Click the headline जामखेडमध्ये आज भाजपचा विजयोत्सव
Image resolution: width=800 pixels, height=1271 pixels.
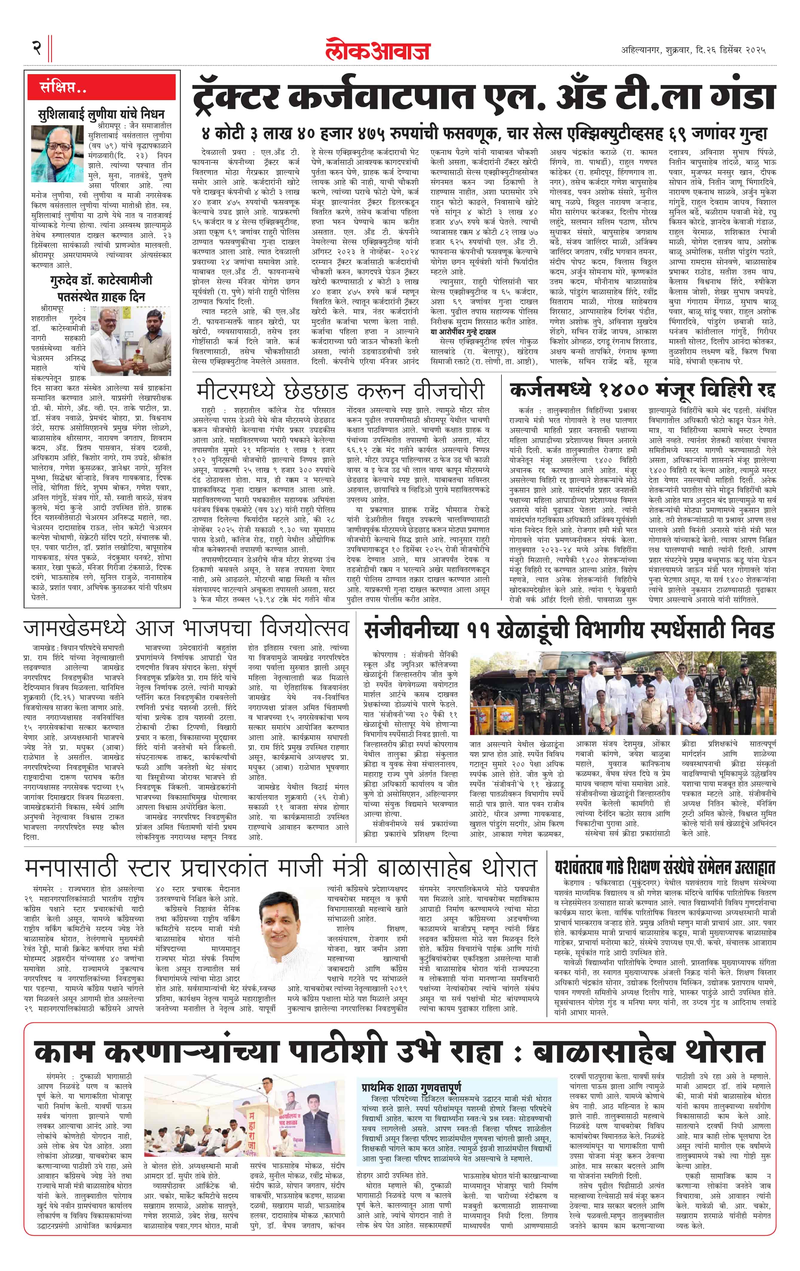point(186,628)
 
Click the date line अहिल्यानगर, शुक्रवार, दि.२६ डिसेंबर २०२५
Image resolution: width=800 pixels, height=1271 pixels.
point(693,50)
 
